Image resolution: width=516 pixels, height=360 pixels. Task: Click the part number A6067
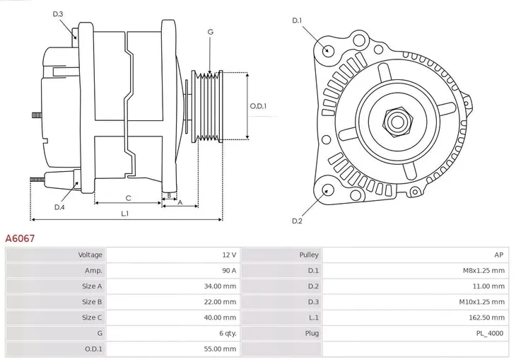(20, 239)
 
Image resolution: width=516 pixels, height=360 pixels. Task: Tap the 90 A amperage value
(229, 270)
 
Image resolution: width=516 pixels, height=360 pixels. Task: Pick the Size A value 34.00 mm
(220, 286)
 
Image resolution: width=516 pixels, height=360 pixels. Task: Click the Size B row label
(92, 302)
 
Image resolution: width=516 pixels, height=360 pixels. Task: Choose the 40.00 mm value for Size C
(220, 318)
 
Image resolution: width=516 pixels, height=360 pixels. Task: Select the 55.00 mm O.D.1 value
(220, 349)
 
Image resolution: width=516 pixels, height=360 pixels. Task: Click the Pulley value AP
(499, 255)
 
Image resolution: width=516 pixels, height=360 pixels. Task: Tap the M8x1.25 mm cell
(484, 270)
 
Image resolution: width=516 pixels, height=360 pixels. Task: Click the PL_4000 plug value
(490, 333)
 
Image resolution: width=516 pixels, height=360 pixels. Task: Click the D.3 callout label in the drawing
(58, 14)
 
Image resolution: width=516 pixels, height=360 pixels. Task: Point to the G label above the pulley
(211, 33)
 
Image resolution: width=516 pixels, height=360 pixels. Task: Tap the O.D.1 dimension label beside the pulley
(259, 107)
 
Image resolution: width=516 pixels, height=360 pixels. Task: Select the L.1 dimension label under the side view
(124, 213)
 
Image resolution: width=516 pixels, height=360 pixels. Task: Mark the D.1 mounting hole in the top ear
(327, 50)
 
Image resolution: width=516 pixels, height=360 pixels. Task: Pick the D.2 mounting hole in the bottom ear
(327, 189)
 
